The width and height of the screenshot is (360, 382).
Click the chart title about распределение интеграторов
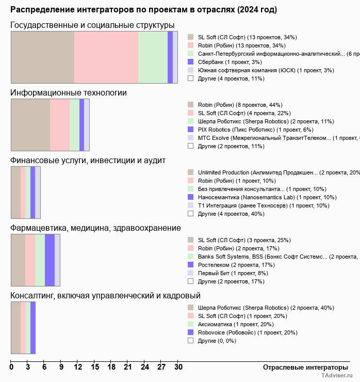click(x=143, y=10)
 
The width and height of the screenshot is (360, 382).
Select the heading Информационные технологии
click(x=69, y=93)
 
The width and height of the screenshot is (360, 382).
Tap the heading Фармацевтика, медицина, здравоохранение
click(x=95, y=228)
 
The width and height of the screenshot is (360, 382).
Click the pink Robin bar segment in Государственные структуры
click(x=106, y=57)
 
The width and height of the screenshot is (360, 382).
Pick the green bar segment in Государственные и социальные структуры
click(x=153, y=57)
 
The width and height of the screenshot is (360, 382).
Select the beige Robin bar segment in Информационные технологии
click(x=30, y=124)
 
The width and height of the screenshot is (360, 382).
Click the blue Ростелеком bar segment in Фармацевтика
click(x=50, y=260)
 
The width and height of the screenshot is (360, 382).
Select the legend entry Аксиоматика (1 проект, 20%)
click(x=236, y=324)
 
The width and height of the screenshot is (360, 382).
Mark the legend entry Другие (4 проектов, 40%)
click(x=231, y=214)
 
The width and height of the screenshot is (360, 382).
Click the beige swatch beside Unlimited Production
click(x=190, y=172)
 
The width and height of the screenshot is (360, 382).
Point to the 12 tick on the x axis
click(x=78, y=368)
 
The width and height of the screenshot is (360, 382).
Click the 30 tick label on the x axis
click(x=178, y=368)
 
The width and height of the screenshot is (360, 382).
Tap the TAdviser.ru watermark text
click(x=337, y=376)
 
